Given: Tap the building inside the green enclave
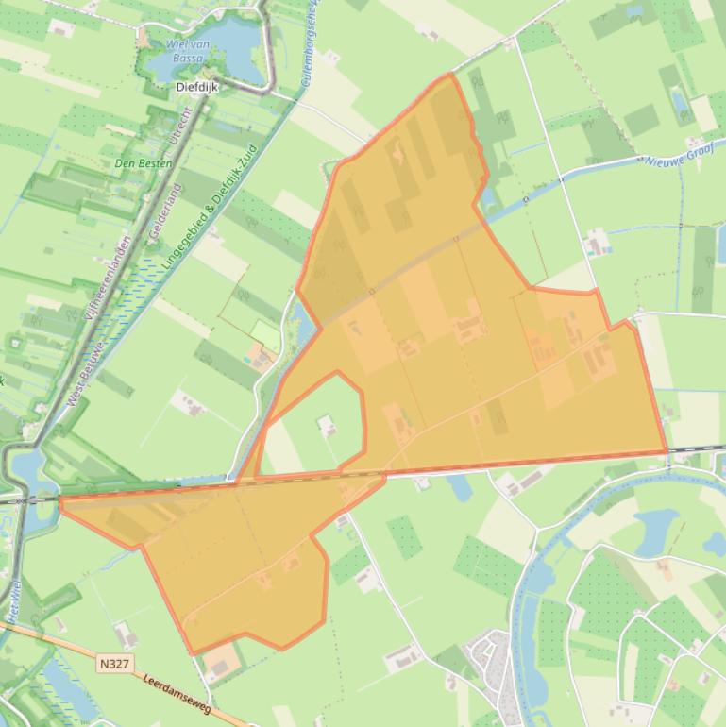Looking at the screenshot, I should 328,426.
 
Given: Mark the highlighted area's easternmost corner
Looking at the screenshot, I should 667,451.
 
